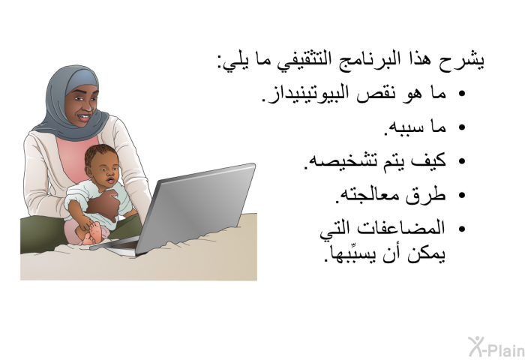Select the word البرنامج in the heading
click(362, 61)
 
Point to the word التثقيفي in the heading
click(299, 61)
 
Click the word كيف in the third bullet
click(429, 160)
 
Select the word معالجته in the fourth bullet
click(366, 195)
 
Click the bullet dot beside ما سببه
click(462, 127)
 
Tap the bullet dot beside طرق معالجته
click(462, 195)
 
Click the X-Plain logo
click(496, 347)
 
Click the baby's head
click(102, 165)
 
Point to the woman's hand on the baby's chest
click(105, 205)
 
